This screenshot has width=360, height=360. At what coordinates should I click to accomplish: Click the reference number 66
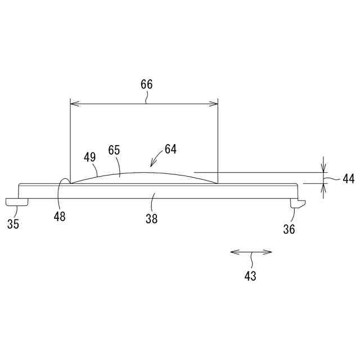(146, 84)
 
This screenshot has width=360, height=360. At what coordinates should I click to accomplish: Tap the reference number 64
(170, 149)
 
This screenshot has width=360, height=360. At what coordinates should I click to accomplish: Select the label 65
(114, 150)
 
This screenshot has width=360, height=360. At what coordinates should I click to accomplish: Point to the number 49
(89, 157)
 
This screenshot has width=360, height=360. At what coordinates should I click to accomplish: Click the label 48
(60, 216)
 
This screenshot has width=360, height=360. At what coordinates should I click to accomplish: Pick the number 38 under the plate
(151, 219)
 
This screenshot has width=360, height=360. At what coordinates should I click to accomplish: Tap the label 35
(13, 224)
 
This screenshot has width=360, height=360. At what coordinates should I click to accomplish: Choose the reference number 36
(289, 229)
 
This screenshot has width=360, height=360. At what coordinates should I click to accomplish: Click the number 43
(250, 276)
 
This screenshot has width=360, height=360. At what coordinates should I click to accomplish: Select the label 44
(349, 179)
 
